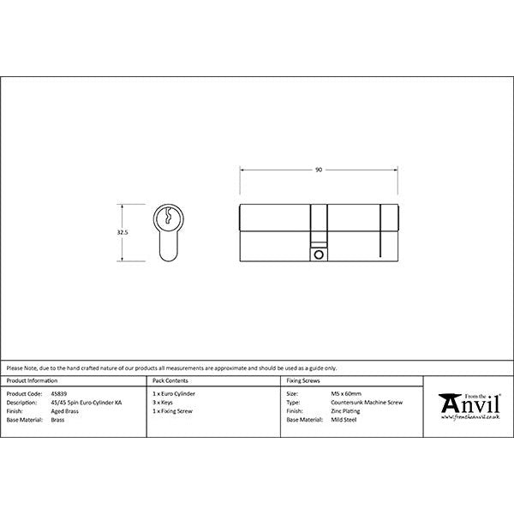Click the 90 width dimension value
(319, 170)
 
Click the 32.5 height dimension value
(123, 232)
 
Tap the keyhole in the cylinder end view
(170, 218)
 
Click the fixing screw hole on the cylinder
(319, 254)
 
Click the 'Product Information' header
(32, 379)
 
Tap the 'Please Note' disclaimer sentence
(171, 367)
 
